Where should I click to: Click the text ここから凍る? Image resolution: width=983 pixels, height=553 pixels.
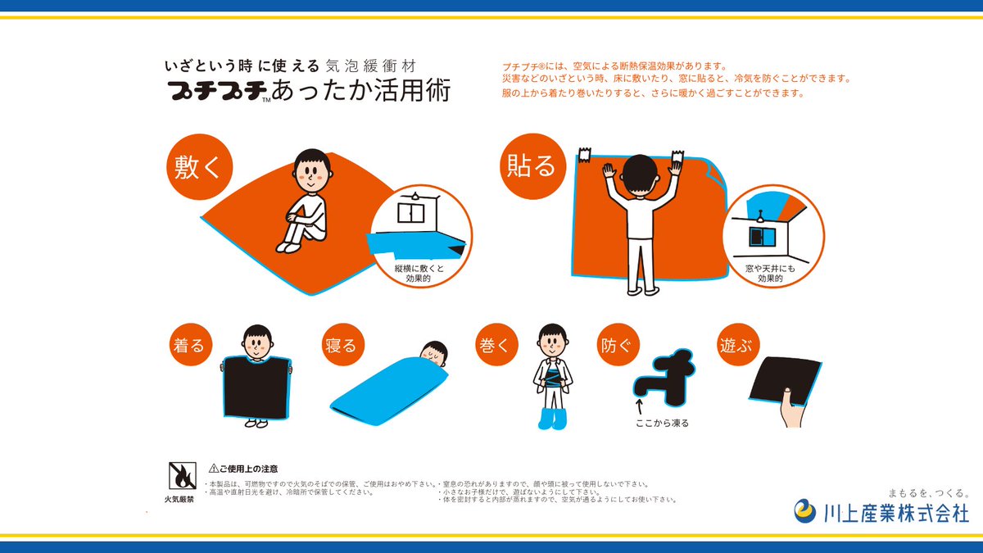pos(663,424)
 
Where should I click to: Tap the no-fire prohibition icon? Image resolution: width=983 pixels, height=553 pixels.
pos(179,475)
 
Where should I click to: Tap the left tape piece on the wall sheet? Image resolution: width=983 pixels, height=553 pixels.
pos(585,154)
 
